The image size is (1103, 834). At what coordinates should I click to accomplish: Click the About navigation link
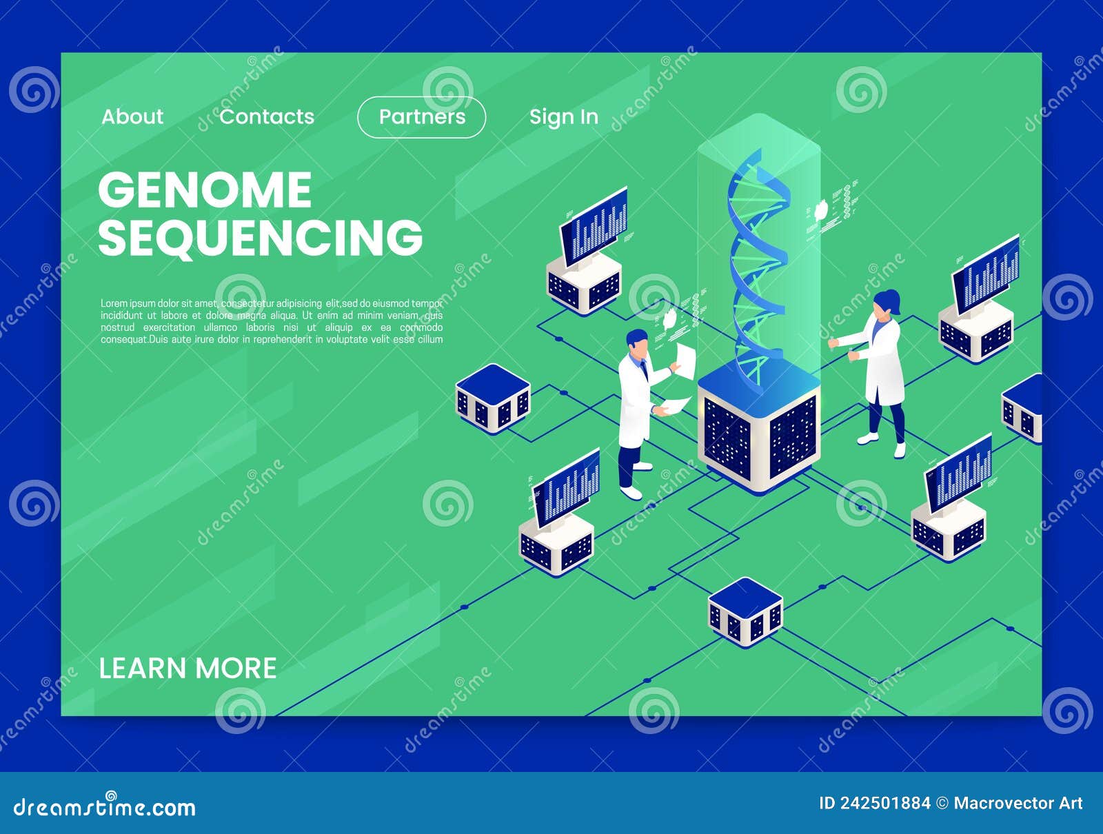coord(132,116)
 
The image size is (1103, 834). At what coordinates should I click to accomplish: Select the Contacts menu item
coord(267,116)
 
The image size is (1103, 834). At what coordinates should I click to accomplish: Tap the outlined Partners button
coord(422,117)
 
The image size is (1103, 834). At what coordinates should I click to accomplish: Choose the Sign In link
coord(563,117)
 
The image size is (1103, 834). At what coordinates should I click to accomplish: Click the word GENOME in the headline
coord(205,190)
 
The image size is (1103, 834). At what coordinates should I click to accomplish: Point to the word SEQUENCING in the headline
coord(260,238)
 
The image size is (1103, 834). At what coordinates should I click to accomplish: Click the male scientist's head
coord(638,344)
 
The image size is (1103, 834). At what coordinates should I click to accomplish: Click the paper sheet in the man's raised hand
coord(685,360)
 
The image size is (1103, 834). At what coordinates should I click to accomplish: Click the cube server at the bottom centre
coord(745,612)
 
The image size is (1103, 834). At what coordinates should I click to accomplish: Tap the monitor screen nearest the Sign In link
coord(594,224)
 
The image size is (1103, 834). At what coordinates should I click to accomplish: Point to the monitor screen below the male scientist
coord(567,486)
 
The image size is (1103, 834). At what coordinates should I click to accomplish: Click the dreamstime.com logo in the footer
coord(105,806)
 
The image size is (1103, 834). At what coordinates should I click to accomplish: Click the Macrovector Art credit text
coord(1018,803)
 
